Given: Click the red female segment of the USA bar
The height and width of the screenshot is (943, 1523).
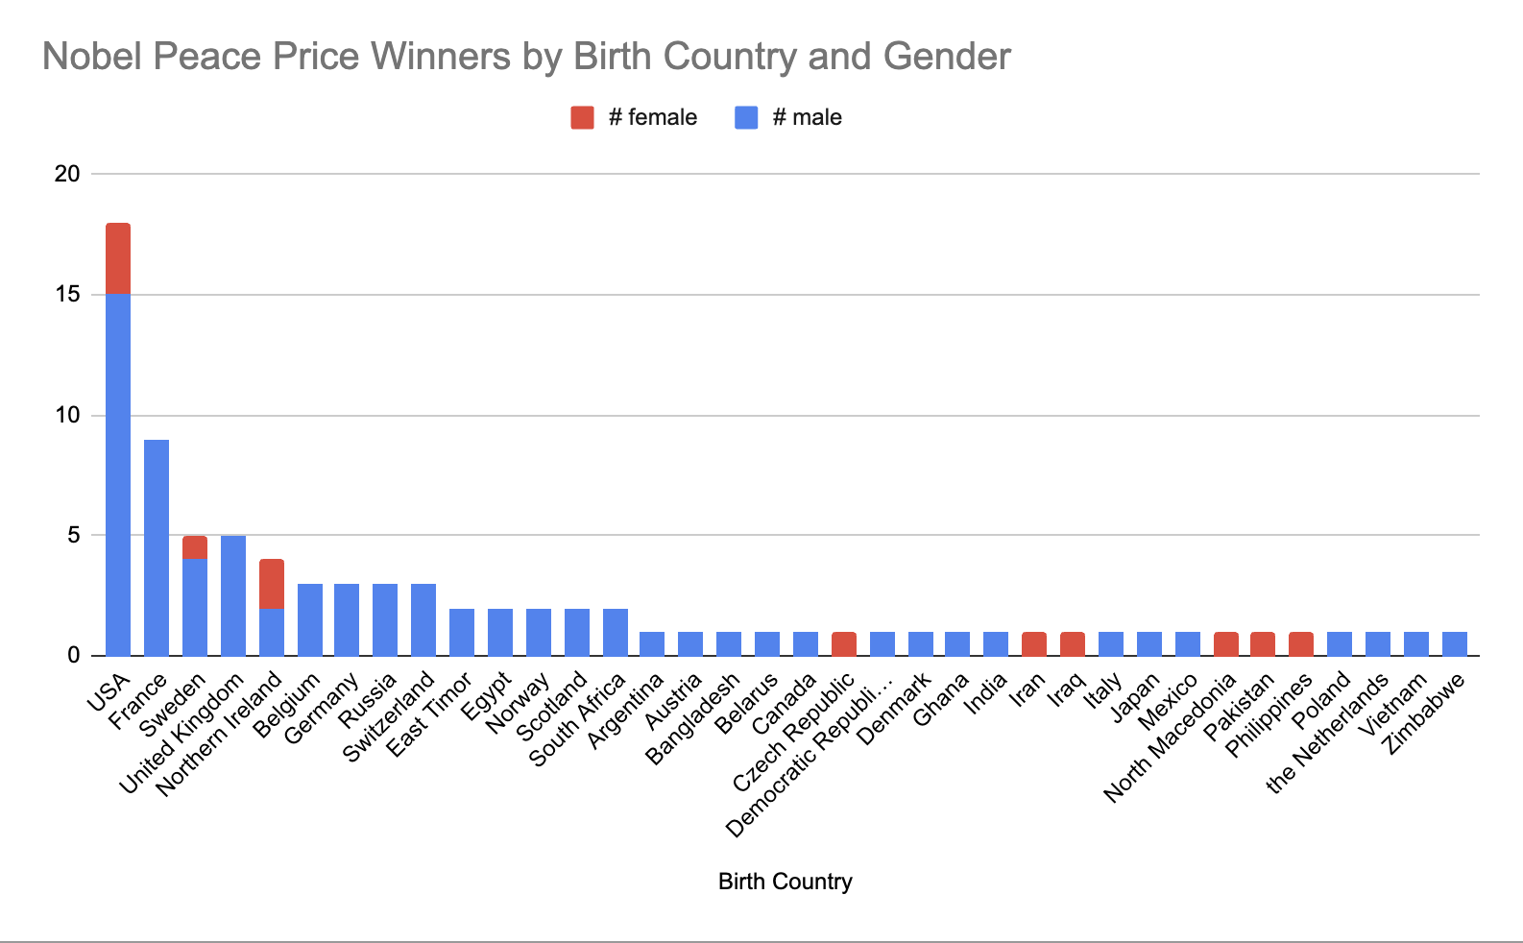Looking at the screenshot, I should pyautogui.click(x=118, y=258).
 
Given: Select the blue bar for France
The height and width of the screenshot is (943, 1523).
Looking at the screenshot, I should pyautogui.click(x=157, y=547).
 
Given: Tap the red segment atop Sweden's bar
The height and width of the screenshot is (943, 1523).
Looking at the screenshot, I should pyautogui.click(x=195, y=547).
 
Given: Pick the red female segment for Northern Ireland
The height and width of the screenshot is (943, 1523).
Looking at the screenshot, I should pyautogui.click(x=272, y=584).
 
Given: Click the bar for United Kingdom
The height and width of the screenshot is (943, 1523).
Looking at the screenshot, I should pyautogui.click(x=233, y=595).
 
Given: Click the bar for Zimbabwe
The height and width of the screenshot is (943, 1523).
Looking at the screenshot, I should pyautogui.click(x=1454, y=644).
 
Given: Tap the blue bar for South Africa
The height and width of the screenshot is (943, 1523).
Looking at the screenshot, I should pyautogui.click(x=616, y=632).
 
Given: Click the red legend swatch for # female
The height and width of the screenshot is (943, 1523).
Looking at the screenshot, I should pyautogui.click(x=582, y=117).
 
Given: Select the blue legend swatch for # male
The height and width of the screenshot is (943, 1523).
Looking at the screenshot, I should pyautogui.click(x=746, y=117).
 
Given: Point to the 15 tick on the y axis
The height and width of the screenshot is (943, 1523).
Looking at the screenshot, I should pyautogui.click(x=67, y=295).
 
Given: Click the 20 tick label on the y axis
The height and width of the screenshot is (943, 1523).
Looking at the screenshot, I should pyautogui.click(x=67, y=174).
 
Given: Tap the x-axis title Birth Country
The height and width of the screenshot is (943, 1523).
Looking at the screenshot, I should pyautogui.click(x=785, y=882).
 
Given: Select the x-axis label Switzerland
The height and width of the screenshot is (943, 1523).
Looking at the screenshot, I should pyautogui.click(x=390, y=716).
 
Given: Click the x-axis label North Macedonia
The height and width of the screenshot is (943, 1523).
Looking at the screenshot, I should pyautogui.click(x=1171, y=737).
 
